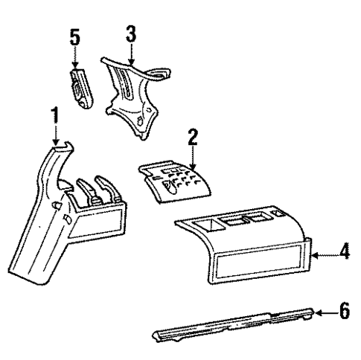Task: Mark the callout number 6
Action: (343, 310)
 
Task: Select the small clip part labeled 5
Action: (79, 88)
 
